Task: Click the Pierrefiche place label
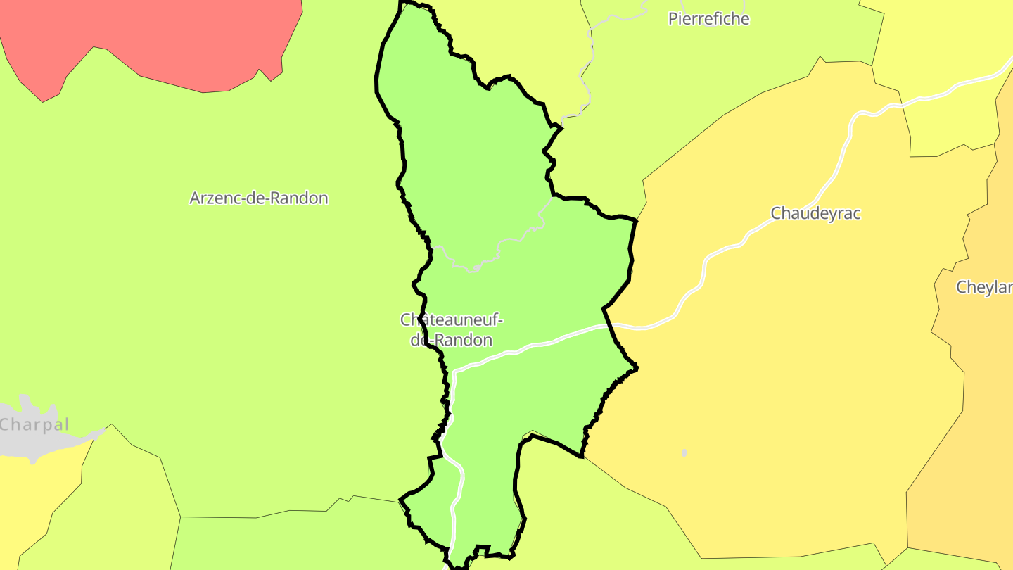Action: click(x=708, y=19)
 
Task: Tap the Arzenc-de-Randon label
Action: click(x=259, y=198)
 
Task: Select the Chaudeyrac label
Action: click(x=815, y=213)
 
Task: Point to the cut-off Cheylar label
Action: click(x=984, y=287)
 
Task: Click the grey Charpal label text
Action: click(x=34, y=424)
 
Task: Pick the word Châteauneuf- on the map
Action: click(x=452, y=319)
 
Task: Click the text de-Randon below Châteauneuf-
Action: click(x=452, y=340)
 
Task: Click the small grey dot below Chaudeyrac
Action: click(x=684, y=452)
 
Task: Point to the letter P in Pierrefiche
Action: click(x=673, y=19)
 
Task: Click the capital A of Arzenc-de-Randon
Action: click(x=195, y=198)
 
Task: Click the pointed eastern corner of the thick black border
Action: click(x=636, y=367)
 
